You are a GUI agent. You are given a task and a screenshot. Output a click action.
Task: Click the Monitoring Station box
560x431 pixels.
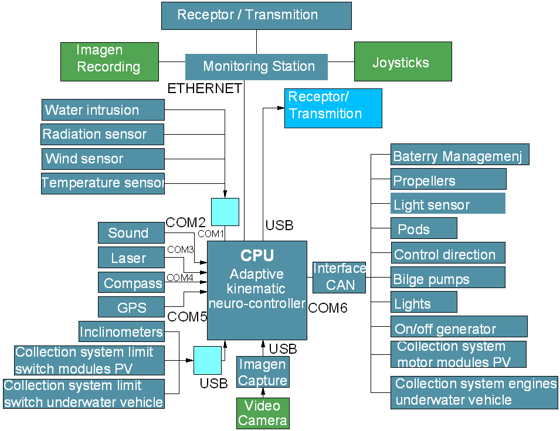click(256, 67)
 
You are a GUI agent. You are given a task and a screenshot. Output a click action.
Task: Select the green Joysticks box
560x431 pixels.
click(403, 61)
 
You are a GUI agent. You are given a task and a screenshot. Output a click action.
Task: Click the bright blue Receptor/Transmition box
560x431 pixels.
click(333, 108)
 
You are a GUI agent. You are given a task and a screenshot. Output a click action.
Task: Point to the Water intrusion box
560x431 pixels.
click(103, 110)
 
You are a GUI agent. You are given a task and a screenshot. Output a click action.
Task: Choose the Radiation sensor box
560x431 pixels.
click(103, 134)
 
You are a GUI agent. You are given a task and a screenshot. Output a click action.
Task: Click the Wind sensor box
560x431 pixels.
click(103, 159)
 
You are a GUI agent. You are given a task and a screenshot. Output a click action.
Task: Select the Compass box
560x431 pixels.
click(131, 283)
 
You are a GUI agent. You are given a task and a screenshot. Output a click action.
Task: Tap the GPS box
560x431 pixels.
click(131, 307)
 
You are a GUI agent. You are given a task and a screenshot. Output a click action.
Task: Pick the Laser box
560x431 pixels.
click(128, 258)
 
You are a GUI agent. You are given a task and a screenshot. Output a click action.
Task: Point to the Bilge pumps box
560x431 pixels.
click(447, 278)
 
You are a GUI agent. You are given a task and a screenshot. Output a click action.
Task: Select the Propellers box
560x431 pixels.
click(448, 180)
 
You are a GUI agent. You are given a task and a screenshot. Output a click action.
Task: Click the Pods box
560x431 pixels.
click(423, 228)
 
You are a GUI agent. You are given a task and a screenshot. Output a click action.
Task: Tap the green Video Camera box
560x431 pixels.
click(263, 413)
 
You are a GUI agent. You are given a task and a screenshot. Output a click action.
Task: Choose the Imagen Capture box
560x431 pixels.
click(263, 372)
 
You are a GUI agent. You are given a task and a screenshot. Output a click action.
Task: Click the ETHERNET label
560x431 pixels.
click(205, 89)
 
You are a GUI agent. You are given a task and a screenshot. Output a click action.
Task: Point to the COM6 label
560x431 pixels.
click(328, 308)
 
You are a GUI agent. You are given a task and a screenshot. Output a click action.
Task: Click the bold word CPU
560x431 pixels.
click(257, 256)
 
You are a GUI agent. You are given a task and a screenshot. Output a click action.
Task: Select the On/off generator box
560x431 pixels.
click(459, 327)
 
